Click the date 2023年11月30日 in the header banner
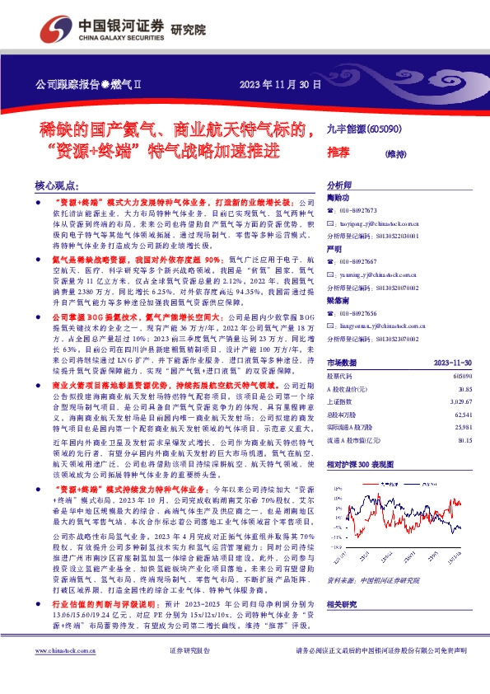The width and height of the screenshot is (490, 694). pyautogui.click(x=279, y=84)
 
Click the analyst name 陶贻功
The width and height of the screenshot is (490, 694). pyautogui.click(x=338, y=199)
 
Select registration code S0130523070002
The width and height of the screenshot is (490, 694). pyautogui.click(x=389, y=337)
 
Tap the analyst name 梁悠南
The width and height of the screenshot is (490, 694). pyautogui.click(x=338, y=302)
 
